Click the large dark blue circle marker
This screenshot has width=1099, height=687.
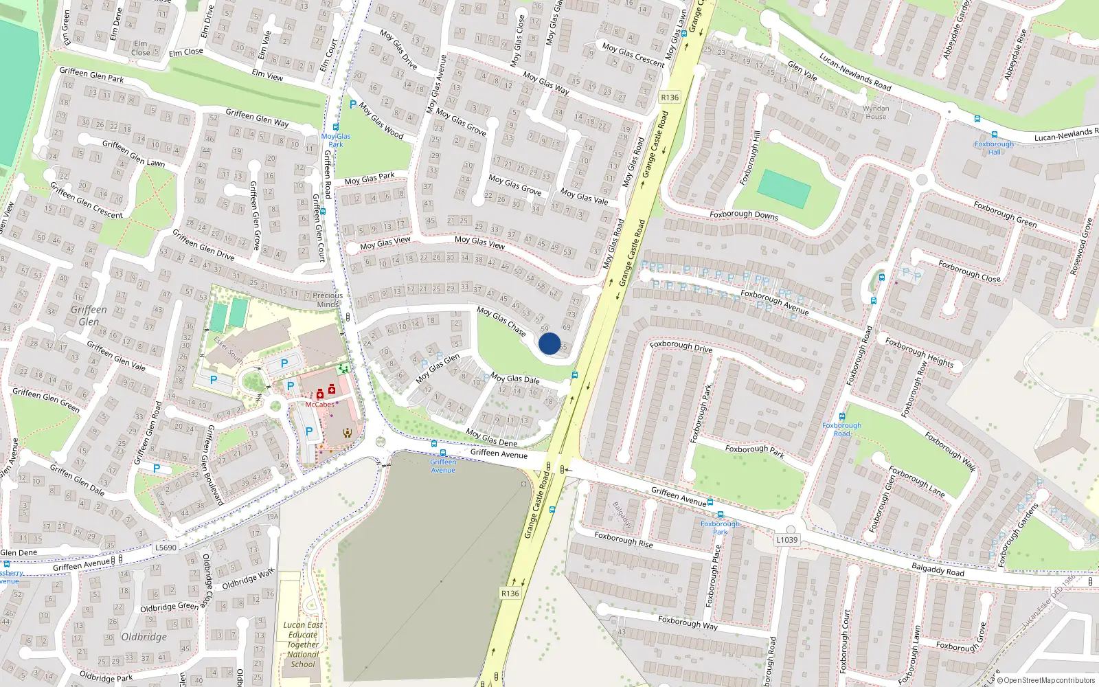tap(549, 343)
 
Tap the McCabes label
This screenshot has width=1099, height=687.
tap(319, 405)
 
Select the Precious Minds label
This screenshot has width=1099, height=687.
tap(328, 300)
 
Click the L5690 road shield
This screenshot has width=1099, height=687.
tap(166, 548)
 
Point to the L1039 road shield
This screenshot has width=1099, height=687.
tap(787, 540)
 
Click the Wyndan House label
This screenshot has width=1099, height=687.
tap(876, 113)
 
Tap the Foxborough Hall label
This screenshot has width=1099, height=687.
tap(994, 148)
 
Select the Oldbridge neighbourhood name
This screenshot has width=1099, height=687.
tap(144, 637)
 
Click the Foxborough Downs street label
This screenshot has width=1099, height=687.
tap(744, 215)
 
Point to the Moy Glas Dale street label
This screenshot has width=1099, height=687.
tap(514, 379)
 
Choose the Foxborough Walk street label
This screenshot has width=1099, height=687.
tap(950, 451)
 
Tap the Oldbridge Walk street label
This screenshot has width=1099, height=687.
tap(248, 578)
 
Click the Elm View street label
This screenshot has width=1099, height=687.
tap(267, 75)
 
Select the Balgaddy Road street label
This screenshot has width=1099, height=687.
tap(938, 570)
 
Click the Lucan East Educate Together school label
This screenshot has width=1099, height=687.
tap(303, 644)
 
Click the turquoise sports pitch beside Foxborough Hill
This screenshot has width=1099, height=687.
tap(784, 188)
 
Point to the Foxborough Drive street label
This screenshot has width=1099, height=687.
tap(681, 346)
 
